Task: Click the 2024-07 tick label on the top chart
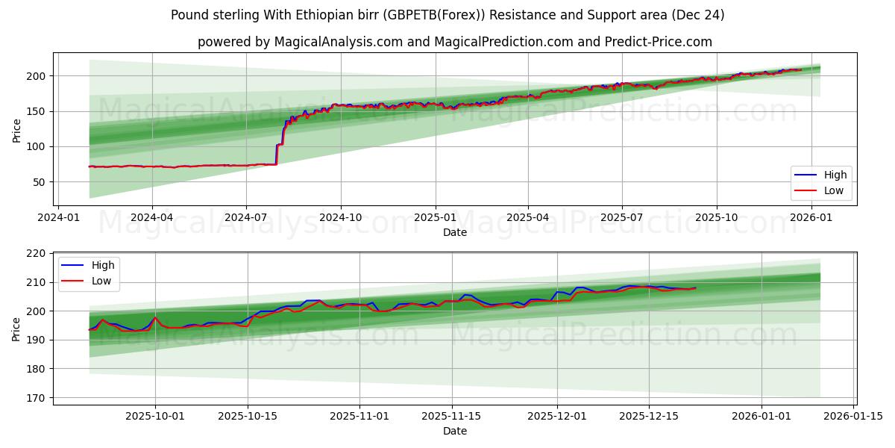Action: tap(246, 218)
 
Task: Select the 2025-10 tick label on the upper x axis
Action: tap(717, 218)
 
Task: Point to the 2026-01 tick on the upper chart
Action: tap(811, 218)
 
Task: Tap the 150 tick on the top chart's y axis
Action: tap(39, 111)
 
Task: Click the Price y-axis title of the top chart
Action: tap(16, 131)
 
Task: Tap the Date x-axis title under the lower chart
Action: tap(455, 432)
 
